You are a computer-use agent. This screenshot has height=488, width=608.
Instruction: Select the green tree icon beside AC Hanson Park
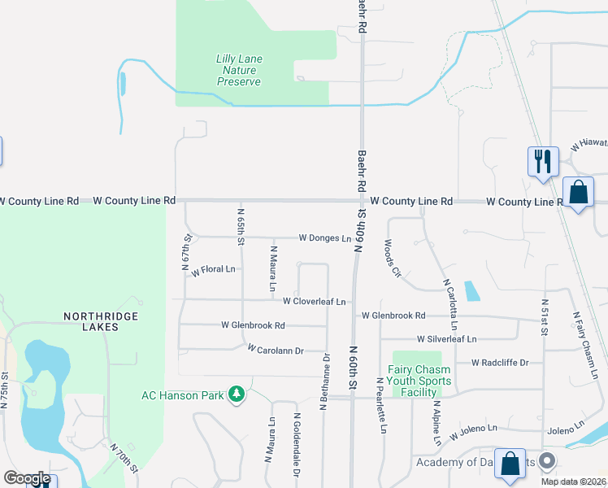(x=237, y=394)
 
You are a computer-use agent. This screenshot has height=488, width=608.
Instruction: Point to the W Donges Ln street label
(x=324, y=238)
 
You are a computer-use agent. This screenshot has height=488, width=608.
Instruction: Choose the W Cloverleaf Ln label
(x=314, y=301)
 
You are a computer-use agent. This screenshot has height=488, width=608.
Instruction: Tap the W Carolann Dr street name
(x=275, y=350)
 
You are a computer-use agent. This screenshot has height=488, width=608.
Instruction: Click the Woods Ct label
(x=391, y=259)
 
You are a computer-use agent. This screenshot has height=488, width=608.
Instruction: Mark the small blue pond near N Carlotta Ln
(x=471, y=291)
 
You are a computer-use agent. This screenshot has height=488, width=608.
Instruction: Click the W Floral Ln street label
(x=213, y=269)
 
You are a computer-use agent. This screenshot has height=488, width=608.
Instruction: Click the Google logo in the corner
(x=26, y=477)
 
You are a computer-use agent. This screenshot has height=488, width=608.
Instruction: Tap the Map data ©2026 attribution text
(x=573, y=481)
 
